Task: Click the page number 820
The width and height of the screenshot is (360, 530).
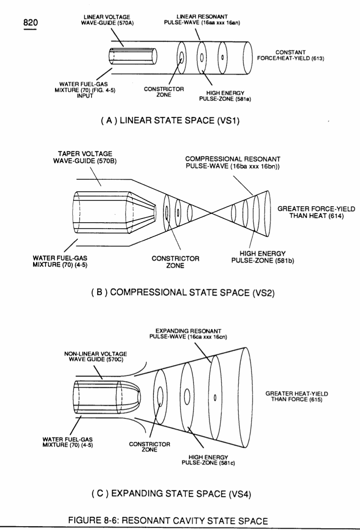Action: tap(31, 23)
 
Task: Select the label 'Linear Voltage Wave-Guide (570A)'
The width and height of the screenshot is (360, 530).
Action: tap(107, 20)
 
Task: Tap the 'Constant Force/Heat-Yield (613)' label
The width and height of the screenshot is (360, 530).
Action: tap(291, 55)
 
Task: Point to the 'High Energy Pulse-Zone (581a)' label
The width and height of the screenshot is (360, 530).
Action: tap(225, 96)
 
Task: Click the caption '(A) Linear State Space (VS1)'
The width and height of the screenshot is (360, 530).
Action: tap(170, 120)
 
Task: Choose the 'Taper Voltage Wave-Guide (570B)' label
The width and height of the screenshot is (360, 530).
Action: tap(85, 157)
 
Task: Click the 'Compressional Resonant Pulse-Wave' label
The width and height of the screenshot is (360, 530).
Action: tap(233, 162)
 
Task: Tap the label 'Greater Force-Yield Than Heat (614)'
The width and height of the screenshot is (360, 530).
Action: tap(317, 212)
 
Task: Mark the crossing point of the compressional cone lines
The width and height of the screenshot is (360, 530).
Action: tap(212, 213)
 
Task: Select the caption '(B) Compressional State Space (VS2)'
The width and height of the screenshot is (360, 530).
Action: tap(183, 292)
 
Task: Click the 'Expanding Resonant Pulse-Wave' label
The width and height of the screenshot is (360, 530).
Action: tap(188, 334)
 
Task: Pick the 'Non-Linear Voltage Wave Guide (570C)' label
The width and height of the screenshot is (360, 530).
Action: tap(95, 357)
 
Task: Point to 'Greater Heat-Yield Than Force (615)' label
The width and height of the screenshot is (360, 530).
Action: tap(297, 397)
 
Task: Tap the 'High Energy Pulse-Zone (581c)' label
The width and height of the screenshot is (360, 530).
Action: tap(208, 460)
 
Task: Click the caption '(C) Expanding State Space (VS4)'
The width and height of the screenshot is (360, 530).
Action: tap(171, 494)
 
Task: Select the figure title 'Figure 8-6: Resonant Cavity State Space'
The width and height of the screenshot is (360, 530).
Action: tap(168, 521)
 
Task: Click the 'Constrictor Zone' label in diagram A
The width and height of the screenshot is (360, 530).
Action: tap(164, 92)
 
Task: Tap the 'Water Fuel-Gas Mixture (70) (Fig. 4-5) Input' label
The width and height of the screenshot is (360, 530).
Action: tap(85, 90)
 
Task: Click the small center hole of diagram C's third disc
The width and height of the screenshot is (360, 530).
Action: tap(215, 398)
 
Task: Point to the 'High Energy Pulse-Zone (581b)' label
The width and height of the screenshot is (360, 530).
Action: tap(263, 257)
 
